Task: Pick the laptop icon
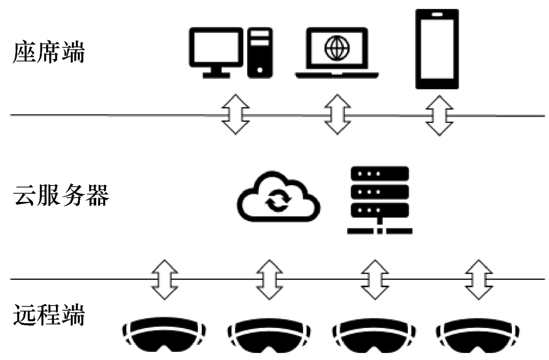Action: tap(337, 53)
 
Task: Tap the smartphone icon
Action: tap(437, 49)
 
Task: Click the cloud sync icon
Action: tap(279, 198)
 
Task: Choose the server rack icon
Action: tap(380, 200)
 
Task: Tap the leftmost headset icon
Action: tap(164, 335)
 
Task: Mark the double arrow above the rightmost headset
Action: tap(477, 279)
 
